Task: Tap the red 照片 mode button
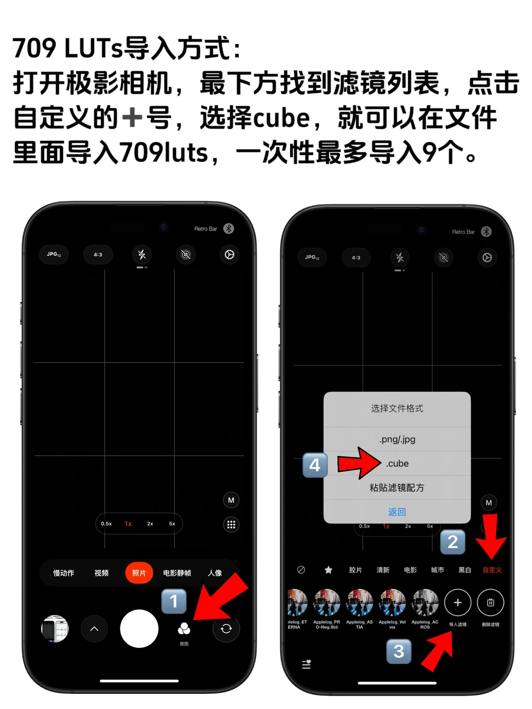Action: click(139, 573)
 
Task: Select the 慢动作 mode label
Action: click(64, 573)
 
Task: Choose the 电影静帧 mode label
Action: click(177, 573)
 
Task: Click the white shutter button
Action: click(139, 629)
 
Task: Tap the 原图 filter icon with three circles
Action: click(184, 629)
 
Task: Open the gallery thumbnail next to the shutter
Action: click(55, 629)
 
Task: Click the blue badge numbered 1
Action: click(173, 601)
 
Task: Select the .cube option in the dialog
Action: click(397, 463)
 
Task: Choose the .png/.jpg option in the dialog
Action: click(397, 439)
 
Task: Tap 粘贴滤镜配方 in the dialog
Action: click(397, 487)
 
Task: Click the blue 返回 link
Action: click(397, 512)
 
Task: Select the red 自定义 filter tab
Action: click(492, 570)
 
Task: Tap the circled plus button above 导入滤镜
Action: click(458, 603)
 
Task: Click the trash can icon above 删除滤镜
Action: click(491, 603)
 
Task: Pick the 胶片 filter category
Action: click(355, 570)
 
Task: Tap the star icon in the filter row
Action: click(328, 570)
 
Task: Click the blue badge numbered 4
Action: click(315, 465)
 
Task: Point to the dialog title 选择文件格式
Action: click(397, 408)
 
